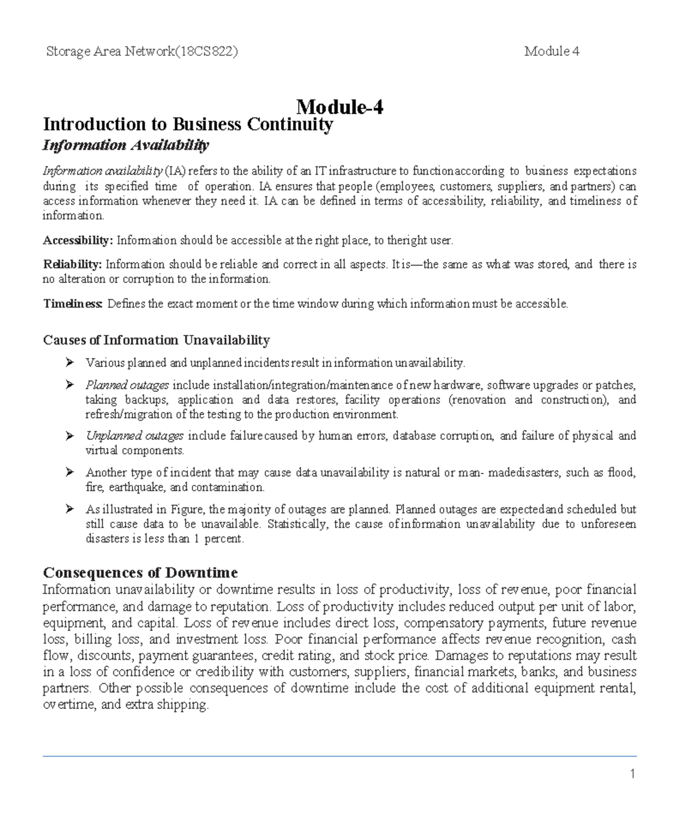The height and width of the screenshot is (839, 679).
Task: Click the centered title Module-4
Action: tap(339, 106)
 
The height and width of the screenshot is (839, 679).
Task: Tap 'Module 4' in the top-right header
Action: tap(552, 52)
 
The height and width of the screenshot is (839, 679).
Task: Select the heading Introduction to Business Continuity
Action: tap(188, 124)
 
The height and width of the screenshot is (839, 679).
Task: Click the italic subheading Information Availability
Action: tap(126, 145)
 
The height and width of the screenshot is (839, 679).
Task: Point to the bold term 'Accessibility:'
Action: tap(78, 240)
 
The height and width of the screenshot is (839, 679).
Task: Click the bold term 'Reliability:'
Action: tap(72, 264)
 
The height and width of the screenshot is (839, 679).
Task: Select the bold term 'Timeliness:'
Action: tap(73, 304)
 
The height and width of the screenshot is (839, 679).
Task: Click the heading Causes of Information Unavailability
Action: tap(156, 340)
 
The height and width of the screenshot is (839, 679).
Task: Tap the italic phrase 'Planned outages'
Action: tap(127, 385)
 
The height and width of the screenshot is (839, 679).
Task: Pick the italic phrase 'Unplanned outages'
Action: tap(134, 436)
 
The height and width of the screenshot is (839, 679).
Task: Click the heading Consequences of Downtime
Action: tap(140, 572)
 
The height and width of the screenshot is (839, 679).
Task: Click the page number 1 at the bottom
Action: tap(633, 774)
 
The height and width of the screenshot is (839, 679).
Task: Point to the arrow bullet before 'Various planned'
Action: tap(70, 362)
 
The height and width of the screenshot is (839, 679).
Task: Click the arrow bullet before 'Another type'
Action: tap(70, 472)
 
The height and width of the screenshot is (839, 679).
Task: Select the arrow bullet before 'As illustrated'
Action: tap(70, 509)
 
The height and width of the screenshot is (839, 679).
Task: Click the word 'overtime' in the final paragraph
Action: tap(67, 705)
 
